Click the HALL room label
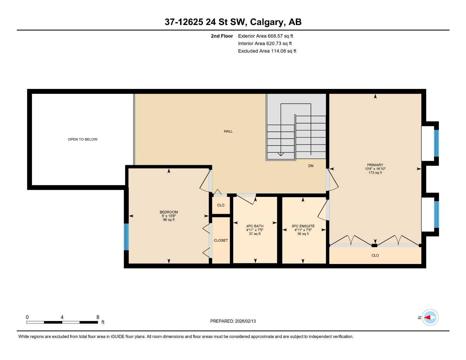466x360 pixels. coord(228,131)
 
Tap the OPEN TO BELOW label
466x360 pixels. coord(83,139)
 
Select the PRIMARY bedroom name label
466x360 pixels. coord(375,165)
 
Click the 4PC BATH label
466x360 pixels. coord(255,226)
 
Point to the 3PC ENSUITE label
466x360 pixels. coord(303,226)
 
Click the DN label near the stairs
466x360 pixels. coord(311,166)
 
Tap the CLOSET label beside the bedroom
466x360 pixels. coord(221,240)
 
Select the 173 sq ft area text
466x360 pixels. coord(375,173)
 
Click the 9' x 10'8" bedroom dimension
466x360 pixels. coord(169,216)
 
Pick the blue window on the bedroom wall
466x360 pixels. coord(126,237)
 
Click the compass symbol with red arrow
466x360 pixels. coord(430,317)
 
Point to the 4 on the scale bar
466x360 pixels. coord(62,317)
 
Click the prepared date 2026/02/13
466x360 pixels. coord(245,321)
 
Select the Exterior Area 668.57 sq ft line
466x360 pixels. coord(266,36)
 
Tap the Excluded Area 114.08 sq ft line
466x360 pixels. coord(267,51)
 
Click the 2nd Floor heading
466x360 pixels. coord(222,36)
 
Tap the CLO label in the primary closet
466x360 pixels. coord(375,255)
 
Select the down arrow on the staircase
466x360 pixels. coord(280,154)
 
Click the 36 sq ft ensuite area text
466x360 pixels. coord(303,234)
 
